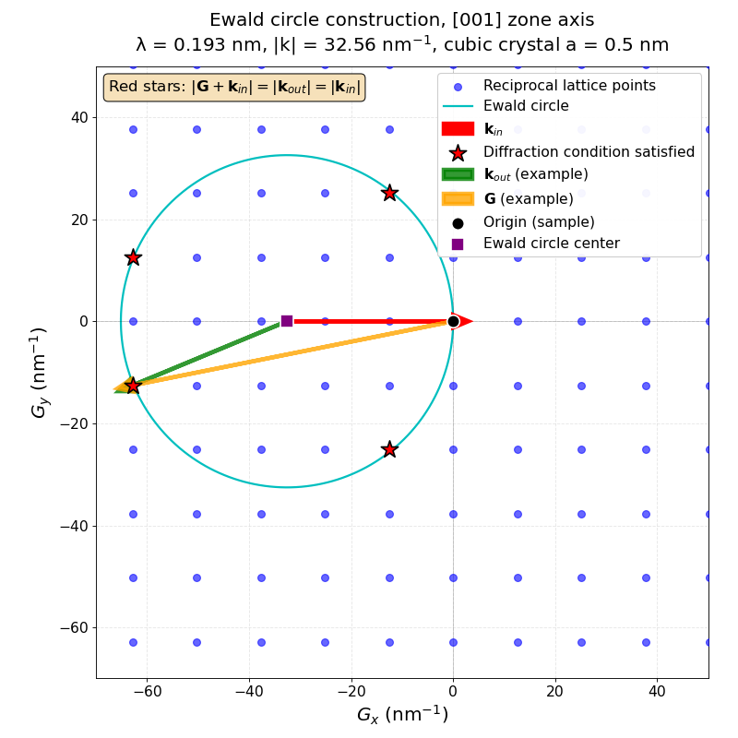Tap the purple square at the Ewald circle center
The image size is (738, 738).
287,321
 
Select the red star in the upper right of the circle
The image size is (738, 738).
389,193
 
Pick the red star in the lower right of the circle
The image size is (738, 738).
389,449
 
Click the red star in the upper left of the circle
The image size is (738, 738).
133,257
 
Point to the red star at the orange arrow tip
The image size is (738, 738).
133,385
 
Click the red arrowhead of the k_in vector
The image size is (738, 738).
465,321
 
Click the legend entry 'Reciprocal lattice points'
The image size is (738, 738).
569,86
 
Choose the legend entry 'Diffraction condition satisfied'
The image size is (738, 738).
589,151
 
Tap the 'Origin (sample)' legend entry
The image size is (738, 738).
539,222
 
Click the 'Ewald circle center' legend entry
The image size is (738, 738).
551,244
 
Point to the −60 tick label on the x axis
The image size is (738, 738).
147,690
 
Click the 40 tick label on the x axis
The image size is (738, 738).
657,690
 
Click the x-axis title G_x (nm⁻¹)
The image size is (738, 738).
402,715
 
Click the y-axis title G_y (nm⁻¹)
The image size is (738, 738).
40,372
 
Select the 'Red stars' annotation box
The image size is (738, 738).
234,88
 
